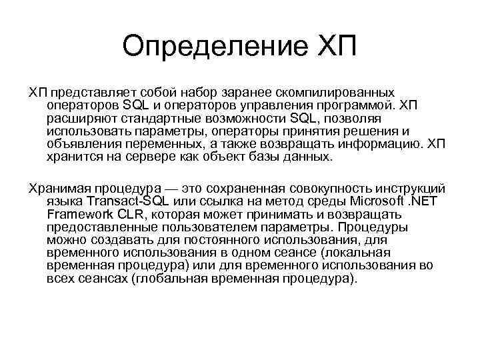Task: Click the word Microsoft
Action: click(382, 203)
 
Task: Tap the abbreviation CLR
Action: click(136, 215)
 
